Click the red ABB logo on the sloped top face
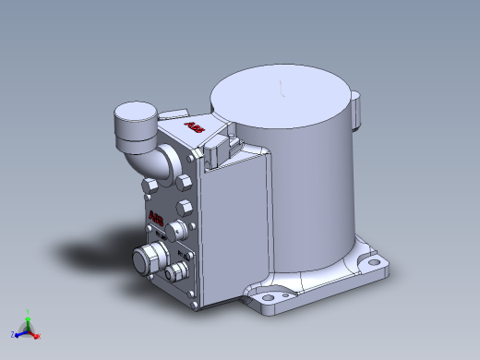(x=193, y=126)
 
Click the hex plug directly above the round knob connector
(x=183, y=205)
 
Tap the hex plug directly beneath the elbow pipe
(x=150, y=188)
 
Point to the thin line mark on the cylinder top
(x=282, y=88)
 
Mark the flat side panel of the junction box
(x=235, y=231)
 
